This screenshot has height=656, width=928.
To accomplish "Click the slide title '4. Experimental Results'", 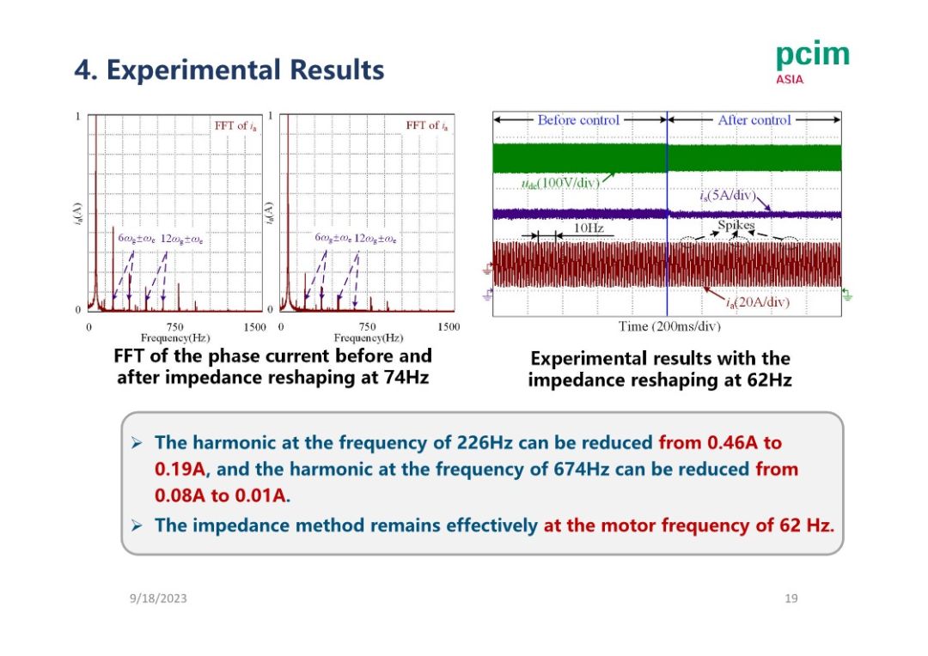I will [229, 70].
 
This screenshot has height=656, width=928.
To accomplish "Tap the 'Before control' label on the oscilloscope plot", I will [578, 120].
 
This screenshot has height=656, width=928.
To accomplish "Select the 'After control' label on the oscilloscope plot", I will [754, 120].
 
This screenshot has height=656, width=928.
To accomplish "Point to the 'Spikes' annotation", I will [736, 225].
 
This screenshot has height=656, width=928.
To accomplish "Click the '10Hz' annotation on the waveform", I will [588, 228].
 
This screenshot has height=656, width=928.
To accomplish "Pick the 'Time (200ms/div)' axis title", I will [669, 326].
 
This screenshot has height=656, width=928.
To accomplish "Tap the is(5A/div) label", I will [726, 197].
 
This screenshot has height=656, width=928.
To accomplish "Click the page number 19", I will [791, 598].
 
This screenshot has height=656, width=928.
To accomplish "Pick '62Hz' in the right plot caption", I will [769, 379].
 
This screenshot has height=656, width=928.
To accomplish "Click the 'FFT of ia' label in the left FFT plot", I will [235, 126].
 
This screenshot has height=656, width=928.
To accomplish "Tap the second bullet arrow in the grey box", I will [136, 525].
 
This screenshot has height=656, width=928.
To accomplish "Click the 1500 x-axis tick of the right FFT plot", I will [449, 327].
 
